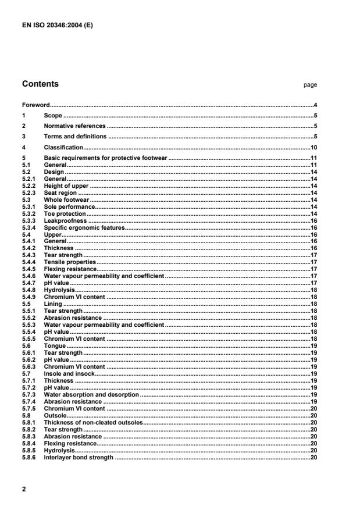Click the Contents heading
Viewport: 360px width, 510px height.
40,84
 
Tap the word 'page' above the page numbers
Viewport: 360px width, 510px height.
310,85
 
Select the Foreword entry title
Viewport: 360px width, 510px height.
36,105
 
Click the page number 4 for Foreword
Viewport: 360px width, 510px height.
315,105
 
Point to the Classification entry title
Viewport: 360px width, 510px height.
63,147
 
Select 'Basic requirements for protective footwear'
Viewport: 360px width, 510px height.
105,158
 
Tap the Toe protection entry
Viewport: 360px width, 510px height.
65,213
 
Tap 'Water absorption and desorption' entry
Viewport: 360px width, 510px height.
91,395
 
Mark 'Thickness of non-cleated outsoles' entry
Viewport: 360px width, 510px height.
92,422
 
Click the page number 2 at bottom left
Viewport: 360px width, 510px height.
24,490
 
